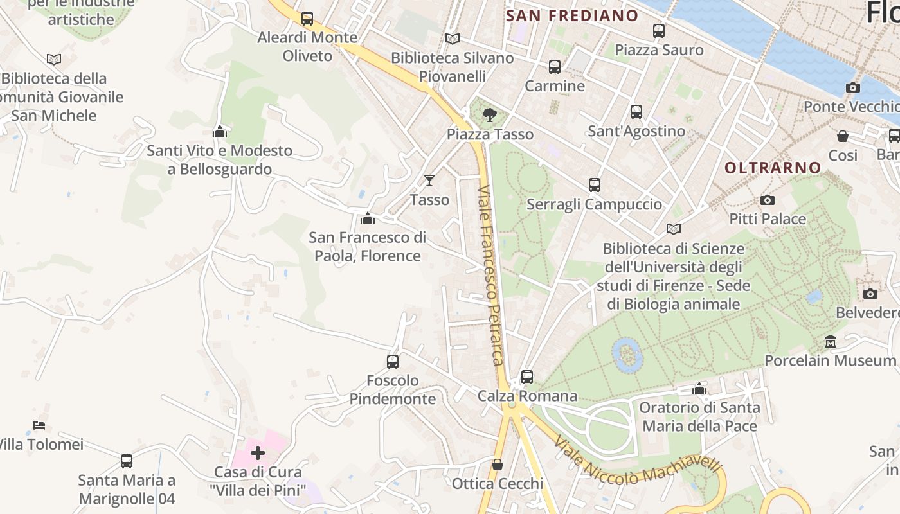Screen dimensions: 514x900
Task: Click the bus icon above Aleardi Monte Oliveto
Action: click(307, 19)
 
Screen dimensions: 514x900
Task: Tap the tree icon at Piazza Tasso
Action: click(490, 115)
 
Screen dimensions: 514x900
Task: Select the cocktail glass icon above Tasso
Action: click(429, 181)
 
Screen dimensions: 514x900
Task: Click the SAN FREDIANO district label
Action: click(572, 16)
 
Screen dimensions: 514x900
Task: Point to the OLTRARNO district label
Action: click(773, 168)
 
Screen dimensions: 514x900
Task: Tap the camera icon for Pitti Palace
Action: click(767, 200)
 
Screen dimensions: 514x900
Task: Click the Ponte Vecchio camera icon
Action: click(853, 87)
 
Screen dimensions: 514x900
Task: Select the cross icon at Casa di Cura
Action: click(258, 453)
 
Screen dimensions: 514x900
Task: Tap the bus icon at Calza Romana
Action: click(527, 377)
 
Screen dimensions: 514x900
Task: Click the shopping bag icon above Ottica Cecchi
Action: click(498, 465)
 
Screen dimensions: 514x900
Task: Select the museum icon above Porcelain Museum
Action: click(830, 341)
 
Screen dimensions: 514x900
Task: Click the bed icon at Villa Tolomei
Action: click(39, 425)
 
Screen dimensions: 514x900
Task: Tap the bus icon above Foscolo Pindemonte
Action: click(393, 361)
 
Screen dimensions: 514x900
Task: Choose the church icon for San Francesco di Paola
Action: click(368, 218)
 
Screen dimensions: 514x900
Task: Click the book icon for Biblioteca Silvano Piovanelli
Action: click(453, 39)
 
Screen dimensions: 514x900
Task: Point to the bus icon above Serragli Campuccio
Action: click(595, 185)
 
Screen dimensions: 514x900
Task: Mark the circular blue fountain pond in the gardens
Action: click(626, 355)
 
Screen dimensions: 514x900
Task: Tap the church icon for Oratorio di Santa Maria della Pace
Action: click(699, 389)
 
